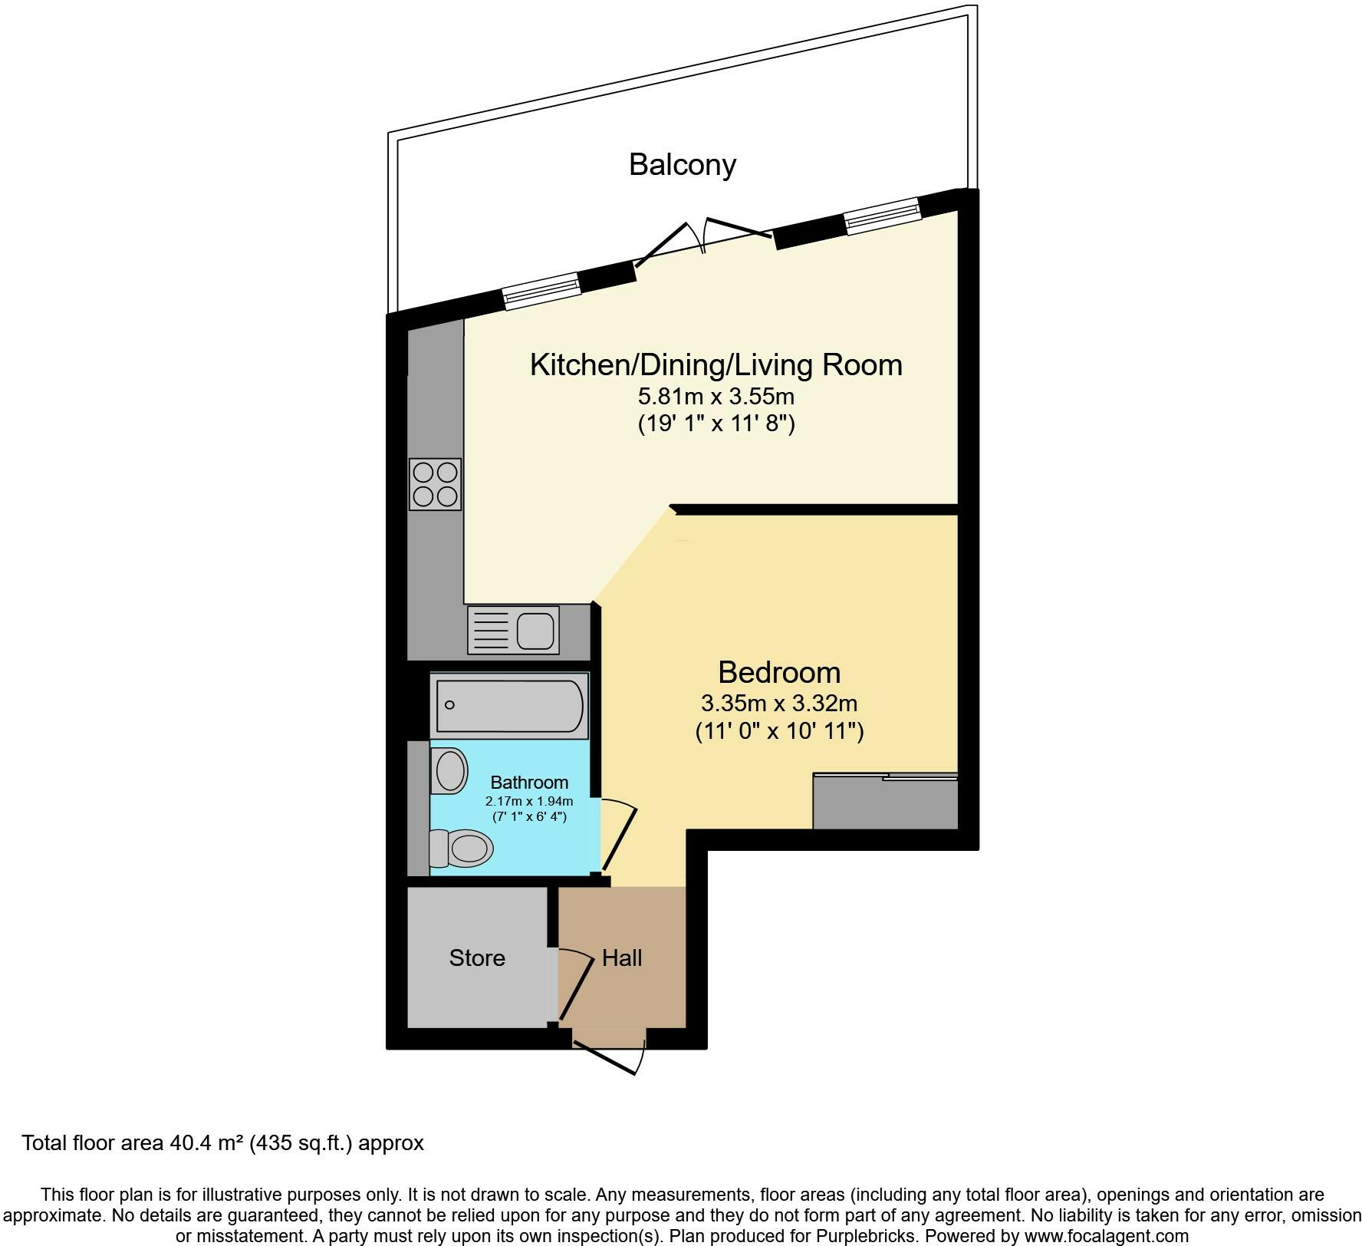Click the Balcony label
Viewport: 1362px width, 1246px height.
coord(683,165)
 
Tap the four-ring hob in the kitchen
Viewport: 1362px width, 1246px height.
coord(436,484)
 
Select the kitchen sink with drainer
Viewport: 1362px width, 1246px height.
coord(513,630)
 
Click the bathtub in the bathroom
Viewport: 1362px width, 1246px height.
coord(509,705)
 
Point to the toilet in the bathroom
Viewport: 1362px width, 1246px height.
coord(460,849)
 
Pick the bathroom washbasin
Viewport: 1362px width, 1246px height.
coord(449,770)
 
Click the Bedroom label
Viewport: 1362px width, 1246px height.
coord(779,672)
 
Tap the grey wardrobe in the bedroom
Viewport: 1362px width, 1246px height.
coord(886,802)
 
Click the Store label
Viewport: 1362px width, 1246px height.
coord(477,958)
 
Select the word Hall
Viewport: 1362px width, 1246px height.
coord(622,958)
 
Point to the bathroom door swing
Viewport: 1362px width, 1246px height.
coord(618,836)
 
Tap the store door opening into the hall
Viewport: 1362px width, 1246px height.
coord(576,987)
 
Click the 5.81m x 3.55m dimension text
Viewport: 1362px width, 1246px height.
coord(716,397)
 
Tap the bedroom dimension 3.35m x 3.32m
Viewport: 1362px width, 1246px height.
coord(779,703)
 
